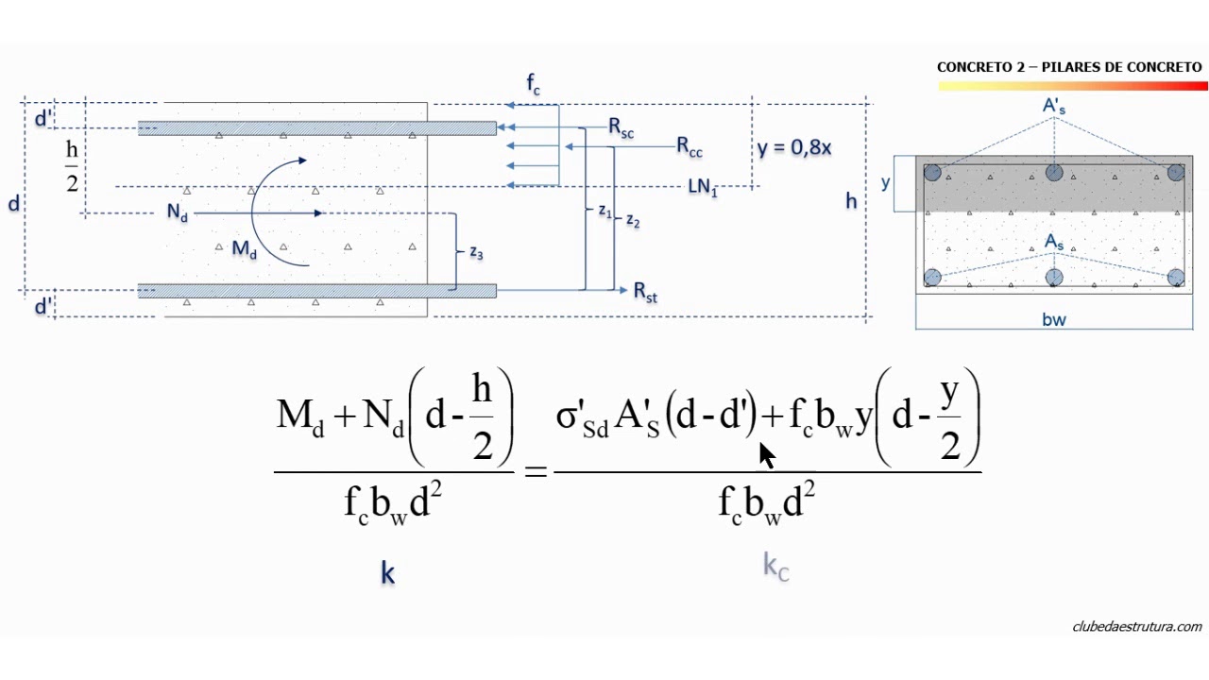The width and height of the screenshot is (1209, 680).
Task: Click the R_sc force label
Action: pos(621,128)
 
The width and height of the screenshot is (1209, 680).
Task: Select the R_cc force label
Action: pos(689,146)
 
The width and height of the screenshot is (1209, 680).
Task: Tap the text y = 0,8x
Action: pos(793,147)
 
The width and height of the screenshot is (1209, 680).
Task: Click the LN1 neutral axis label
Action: pos(702,187)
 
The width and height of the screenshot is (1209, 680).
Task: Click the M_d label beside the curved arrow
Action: pos(244,249)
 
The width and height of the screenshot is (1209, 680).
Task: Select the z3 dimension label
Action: pos(477,252)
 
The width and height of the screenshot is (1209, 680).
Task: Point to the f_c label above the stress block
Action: pos(534,87)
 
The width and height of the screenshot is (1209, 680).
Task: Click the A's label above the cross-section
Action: pos(1054,107)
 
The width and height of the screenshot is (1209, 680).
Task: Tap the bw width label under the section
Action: pos(1054,320)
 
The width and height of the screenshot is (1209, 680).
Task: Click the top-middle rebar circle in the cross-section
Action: pos(1054,173)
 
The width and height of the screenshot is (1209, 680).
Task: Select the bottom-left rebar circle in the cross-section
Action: pos(932,277)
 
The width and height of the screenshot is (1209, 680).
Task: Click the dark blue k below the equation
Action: pos(387,572)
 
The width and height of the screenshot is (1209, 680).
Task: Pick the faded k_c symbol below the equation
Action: pos(775,567)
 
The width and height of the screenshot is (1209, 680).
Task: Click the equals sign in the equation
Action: pos(536,469)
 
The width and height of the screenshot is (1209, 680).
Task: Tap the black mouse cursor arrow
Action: pos(766,454)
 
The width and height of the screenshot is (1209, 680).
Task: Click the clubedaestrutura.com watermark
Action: pos(1136,626)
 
